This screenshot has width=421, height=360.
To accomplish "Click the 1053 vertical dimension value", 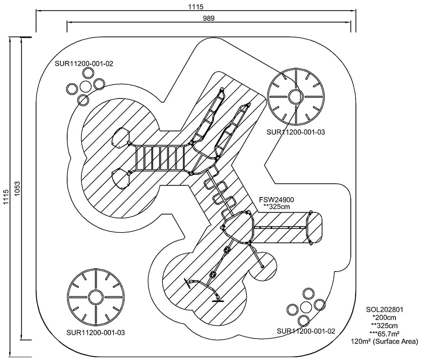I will click(x=17, y=189).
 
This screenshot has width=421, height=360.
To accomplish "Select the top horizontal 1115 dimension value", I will click(x=196, y=6).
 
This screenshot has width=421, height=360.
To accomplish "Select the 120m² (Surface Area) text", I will click(x=384, y=341).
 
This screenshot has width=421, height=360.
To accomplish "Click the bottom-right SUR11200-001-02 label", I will click(x=306, y=331).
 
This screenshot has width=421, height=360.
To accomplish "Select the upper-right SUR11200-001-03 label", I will click(x=296, y=132).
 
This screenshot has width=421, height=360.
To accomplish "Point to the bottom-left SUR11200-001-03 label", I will click(x=95, y=332).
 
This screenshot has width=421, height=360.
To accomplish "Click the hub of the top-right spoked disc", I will click(x=295, y=97).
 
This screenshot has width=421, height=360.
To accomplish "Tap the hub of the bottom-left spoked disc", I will click(x=95, y=296).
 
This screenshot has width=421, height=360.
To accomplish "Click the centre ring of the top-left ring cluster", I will click(x=86, y=86).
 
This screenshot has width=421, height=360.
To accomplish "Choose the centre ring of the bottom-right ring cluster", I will click(x=306, y=307).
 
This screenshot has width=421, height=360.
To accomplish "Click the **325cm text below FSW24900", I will click(x=277, y=207).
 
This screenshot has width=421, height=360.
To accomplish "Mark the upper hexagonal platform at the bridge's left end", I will click(x=120, y=137).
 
